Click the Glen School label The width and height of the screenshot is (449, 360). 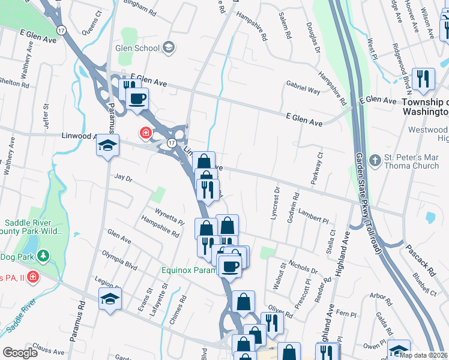138,48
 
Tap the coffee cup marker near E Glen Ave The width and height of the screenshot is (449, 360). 137,98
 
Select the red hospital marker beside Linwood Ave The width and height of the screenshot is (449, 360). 145,132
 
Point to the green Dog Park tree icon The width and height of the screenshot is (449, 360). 43,257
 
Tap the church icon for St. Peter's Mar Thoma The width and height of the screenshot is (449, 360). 375,161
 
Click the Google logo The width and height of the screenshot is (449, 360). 20,353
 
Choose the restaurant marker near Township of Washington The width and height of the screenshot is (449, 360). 423,79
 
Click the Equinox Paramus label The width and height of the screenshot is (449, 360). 188,270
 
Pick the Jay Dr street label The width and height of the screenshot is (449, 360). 122,178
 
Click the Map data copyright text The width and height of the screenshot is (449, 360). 423,355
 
